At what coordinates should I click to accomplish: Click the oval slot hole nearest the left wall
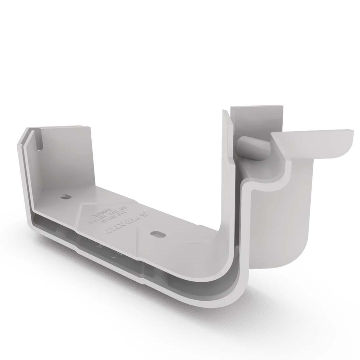click(65, 197)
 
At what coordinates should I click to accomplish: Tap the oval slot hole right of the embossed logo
click(157, 234)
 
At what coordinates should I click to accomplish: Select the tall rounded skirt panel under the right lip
click(283, 218)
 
